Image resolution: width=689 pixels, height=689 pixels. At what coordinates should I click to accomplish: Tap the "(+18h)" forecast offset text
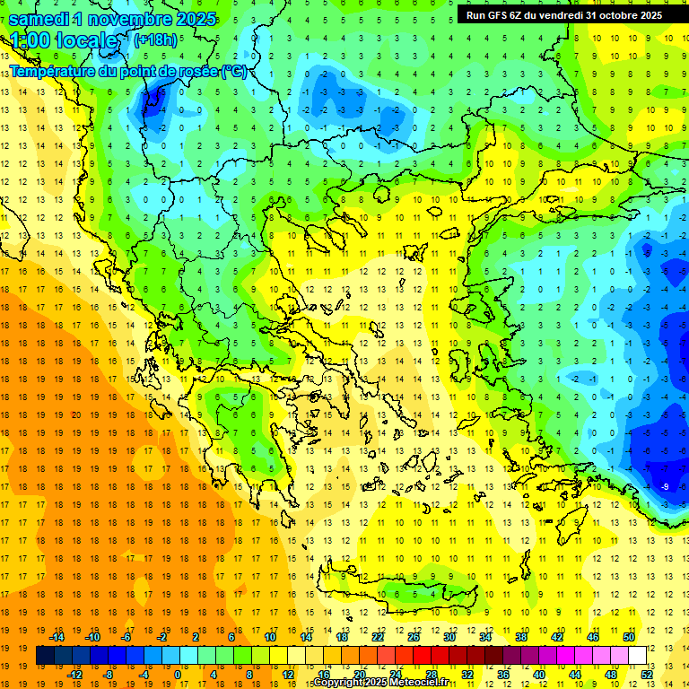click(155, 39)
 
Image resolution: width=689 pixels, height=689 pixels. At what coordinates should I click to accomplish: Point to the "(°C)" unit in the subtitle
click(233, 71)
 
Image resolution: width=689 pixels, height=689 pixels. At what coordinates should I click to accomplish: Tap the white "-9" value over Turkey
click(665, 486)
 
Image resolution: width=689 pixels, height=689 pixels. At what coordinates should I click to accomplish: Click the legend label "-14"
click(57, 637)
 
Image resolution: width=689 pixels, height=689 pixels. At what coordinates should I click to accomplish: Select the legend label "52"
click(647, 674)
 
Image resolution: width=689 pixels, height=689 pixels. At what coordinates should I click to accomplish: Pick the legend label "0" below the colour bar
click(178, 674)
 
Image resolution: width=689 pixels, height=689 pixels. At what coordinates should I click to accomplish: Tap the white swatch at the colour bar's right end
click(638, 656)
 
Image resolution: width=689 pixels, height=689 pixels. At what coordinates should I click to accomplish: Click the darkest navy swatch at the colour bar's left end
click(45, 656)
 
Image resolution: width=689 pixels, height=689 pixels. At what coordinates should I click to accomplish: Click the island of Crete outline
click(422, 593)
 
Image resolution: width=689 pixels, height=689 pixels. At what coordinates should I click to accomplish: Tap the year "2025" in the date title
click(190, 19)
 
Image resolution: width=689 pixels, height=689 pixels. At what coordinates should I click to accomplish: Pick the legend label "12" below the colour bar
click(289, 674)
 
